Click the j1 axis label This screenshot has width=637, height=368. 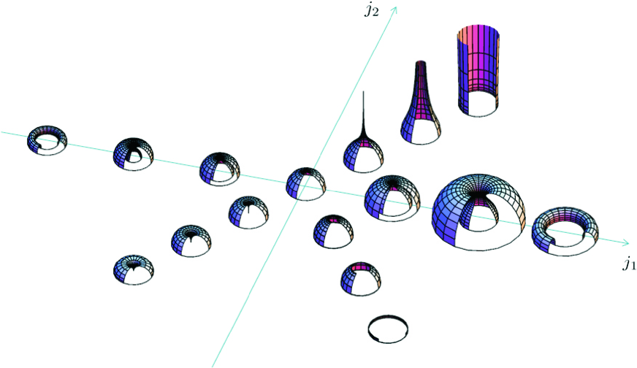click(629, 264)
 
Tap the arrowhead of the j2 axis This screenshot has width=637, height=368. click(394, 9)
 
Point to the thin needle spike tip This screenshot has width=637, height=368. click(363, 92)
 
